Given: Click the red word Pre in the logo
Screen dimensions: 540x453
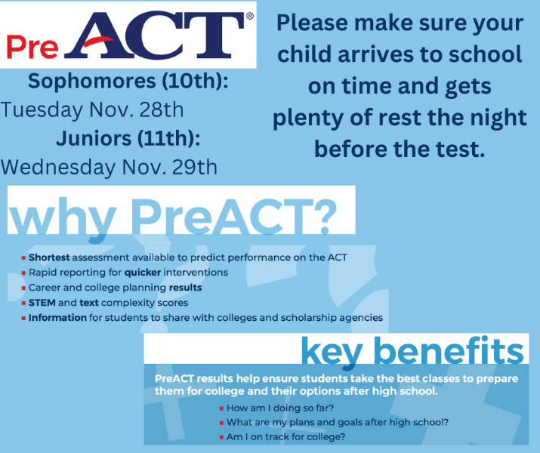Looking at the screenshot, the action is pos(32,47).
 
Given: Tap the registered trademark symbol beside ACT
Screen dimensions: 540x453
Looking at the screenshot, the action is pos(250,16).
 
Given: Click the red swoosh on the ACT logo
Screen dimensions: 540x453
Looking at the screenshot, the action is pos(98,42).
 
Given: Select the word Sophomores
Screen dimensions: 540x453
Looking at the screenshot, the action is pos(91,82).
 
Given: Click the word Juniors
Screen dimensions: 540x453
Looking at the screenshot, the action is pos(94,138).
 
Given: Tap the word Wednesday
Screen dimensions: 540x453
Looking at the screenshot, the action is pos(58,168).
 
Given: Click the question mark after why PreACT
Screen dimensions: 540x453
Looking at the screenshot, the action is pos(326,216).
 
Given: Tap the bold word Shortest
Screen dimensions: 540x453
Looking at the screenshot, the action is pos(49,257).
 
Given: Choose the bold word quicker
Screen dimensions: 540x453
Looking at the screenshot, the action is pos(143,273).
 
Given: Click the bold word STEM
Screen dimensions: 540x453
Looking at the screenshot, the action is pos(42,303).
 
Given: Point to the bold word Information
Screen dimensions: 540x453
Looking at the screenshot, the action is pos(57,317).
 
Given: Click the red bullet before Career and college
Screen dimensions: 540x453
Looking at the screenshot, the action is pos(23,288).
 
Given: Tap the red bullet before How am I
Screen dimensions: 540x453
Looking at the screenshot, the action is pos(221,408).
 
